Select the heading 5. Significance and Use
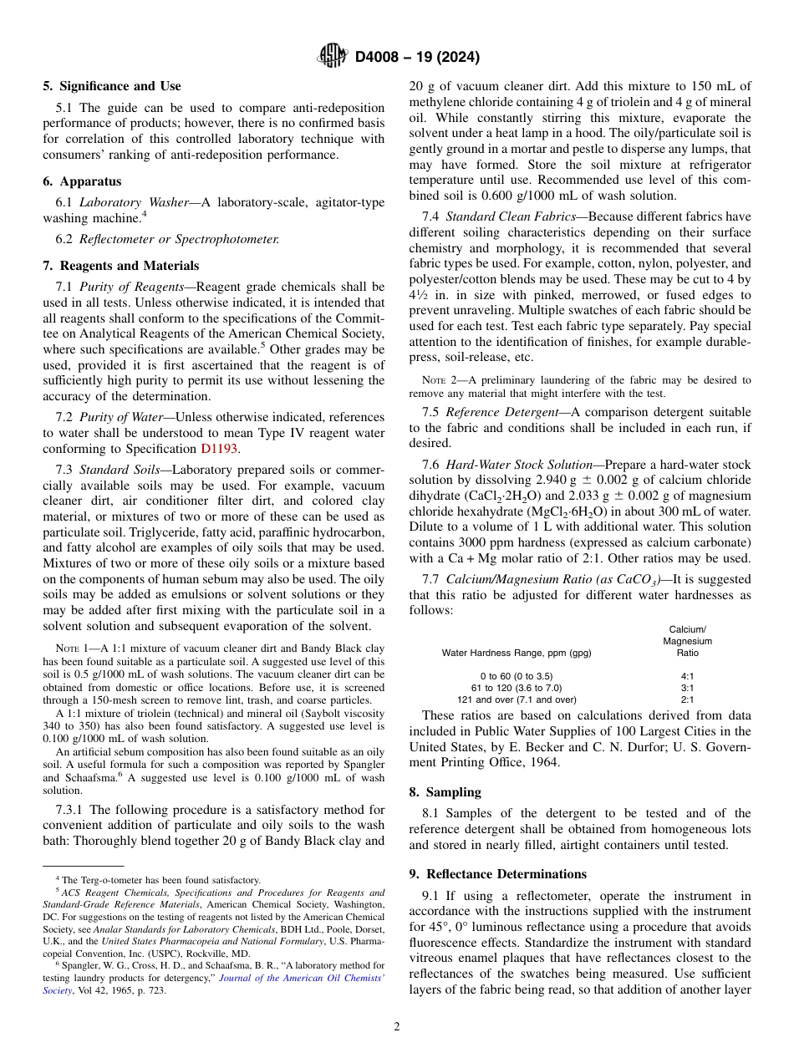(112, 86)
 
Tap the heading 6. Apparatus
(82, 181)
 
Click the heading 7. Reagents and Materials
(121, 266)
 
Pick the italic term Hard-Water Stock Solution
(514, 465)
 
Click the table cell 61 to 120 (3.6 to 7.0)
(516, 687)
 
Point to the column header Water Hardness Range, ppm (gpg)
(516, 653)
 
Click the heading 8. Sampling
(445, 791)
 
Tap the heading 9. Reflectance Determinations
(497, 874)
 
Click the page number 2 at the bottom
(397, 1027)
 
